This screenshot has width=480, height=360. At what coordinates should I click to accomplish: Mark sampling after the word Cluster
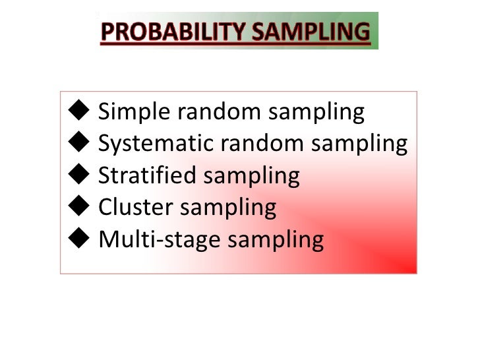[230, 208]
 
